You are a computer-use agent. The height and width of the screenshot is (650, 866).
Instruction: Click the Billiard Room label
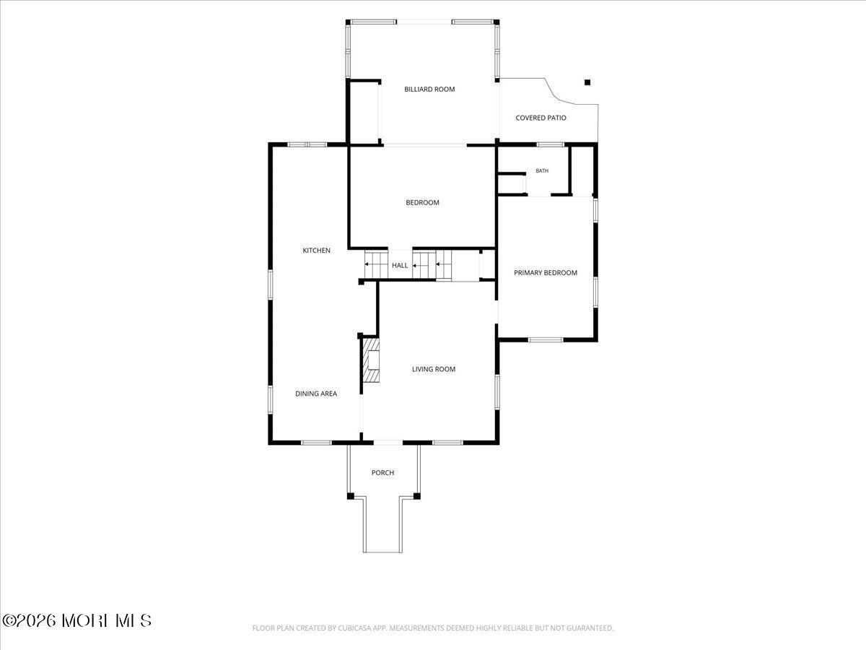pyautogui.click(x=429, y=89)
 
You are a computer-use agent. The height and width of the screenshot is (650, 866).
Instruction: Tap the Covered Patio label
pyautogui.click(x=541, y=118)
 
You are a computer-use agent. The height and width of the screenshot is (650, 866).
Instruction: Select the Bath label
pyautogui.click(x=542, y=171)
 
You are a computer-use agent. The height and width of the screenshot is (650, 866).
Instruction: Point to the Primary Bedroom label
pyautogui.click(x=546, y=273)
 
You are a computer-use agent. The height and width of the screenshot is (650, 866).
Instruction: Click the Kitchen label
pyautogui.click(x=316, y=250)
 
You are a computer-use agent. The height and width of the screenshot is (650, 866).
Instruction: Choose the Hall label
pyautogui.click(x=400, y=265)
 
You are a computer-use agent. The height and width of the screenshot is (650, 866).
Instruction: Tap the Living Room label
pyautogui.click(x=434, y=369)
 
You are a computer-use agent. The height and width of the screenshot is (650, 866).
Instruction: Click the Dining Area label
pyautogui.click(x=316, y=394)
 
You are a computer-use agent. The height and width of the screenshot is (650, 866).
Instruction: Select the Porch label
pyautogui.click(x=382, y=472)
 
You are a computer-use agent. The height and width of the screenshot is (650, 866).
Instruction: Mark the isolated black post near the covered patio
pyautogui.click(x=587, y=82)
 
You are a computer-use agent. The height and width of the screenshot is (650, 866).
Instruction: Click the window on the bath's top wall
pyautogui.click(x=551, y=144)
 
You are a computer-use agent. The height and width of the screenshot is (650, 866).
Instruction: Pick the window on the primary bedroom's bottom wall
pyautogui.click(x=546, y=339)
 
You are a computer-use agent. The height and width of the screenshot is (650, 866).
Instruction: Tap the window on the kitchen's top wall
pyautogui.click(x=307, y=144)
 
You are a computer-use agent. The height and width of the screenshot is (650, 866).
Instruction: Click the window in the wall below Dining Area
pyautogui.click(x=316, y=443)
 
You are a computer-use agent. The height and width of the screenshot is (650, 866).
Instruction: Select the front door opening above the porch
pyautogui.click(x=388, y=443)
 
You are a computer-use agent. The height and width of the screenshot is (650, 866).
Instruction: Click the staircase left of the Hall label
pyautogui.click(x=376, y=264)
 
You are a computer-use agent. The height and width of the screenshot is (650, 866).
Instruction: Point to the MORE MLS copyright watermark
pyautogui.click(x=76, y=621)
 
